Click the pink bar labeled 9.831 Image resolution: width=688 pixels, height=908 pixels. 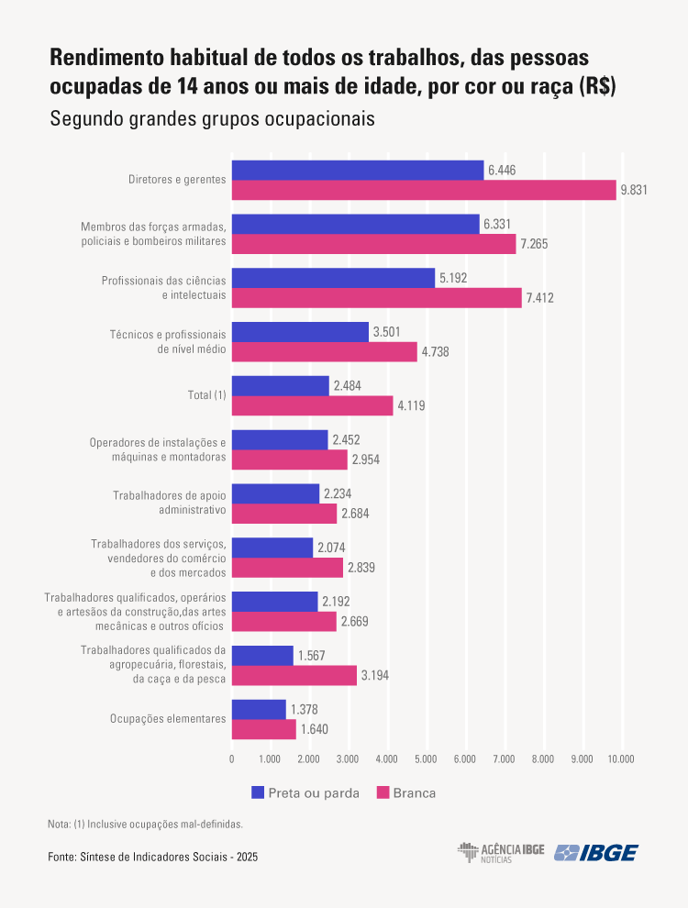pos(424,190)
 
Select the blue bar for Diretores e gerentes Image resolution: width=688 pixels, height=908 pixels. pos(357,170)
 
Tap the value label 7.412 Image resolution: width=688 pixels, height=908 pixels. pos(539,298)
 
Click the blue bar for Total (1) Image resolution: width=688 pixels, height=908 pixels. pos(280,385)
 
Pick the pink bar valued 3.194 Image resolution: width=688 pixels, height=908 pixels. pos(294,676)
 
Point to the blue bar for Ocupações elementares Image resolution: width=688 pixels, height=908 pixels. pos(259,709)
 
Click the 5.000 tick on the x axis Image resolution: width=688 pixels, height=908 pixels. pos(427,759)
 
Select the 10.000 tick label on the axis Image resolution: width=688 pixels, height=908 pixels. pos(620,759)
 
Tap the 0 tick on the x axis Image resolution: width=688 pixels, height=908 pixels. pos(231,759)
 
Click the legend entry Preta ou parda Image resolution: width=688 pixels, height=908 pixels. pos(305,792)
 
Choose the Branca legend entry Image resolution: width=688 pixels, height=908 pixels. pos(406,792)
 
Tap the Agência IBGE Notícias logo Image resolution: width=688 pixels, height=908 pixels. pos(501,852)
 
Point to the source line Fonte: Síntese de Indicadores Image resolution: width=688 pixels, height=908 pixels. pos(152,857)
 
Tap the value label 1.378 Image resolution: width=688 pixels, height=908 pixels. pos(305,710)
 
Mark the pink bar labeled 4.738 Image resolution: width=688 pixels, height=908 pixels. pos(324,351)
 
